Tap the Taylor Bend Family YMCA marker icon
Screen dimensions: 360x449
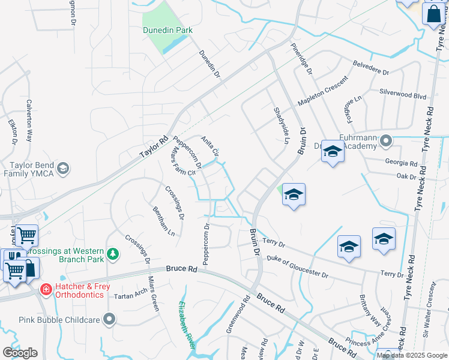click(x=64, y=168)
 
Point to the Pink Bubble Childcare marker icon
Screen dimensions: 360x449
click(x=109, y=319)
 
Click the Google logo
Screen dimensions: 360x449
click(x=20, y=353)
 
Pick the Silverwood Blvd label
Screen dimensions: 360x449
click(x=402, y=95)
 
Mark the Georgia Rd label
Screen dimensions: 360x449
click(x=403, y=163)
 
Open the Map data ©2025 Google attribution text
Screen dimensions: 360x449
click(x=412, y=355)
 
